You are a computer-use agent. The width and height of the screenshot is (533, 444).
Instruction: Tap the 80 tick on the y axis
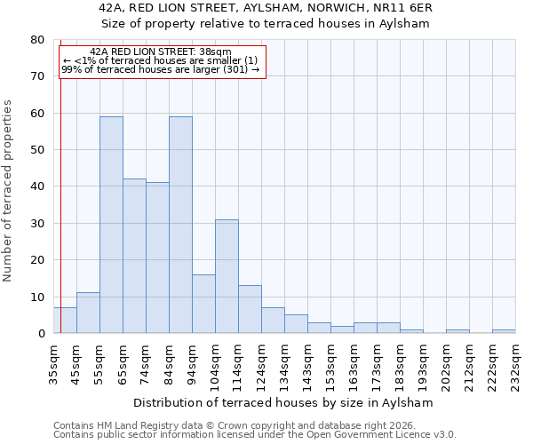click(x=38, y=40)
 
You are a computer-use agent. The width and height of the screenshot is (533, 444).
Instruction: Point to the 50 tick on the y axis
click(x=38, y=150)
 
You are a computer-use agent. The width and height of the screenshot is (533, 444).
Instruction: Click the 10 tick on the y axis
click(x=38, y=297)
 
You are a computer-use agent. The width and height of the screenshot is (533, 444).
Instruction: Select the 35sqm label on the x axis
click(x=54, y=363)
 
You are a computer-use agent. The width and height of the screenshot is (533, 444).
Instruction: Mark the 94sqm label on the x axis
click(x=193, y=363)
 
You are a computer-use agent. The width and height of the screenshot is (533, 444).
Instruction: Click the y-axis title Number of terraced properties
click(x=9, y=190)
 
